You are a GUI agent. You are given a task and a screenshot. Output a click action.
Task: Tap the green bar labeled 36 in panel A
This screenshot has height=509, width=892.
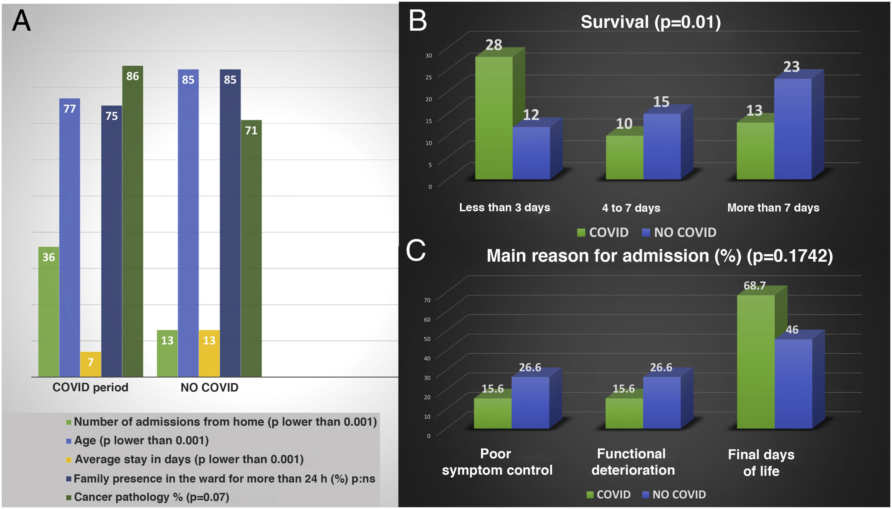(48, 312)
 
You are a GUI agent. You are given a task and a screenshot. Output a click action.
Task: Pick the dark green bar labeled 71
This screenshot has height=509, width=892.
(251, 248)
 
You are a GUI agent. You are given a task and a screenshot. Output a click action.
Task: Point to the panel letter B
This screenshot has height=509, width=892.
(418, 20)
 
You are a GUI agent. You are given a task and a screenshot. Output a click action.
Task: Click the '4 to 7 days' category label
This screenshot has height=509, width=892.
(631, 208)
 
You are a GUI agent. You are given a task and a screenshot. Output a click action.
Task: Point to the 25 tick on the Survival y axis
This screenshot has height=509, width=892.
(428, 77)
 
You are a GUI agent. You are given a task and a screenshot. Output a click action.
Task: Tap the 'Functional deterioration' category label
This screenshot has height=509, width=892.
(633, 462)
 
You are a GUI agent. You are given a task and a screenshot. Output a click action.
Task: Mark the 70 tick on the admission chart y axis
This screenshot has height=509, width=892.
(427, 300)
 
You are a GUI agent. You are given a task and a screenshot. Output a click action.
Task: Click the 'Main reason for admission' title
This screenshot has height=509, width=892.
(660, 255)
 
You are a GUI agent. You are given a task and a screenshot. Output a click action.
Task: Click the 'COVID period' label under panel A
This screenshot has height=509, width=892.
(90, 387)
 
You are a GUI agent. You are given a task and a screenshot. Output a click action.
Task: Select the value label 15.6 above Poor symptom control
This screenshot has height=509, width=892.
(493, 388)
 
